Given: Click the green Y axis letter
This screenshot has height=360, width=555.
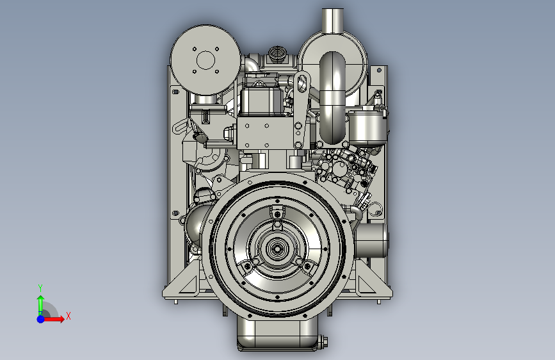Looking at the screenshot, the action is (x=40, y=288).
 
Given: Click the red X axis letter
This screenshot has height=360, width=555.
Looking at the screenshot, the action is (x=68, y=316).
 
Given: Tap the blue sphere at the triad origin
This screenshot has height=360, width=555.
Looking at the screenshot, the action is (x=41, y=319).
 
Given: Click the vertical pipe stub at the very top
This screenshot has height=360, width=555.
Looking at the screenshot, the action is (x=333, y=20).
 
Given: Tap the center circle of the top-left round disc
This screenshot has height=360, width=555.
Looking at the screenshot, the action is (x=205, y=60).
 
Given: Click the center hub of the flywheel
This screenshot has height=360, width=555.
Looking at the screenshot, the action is (x=277, y=248).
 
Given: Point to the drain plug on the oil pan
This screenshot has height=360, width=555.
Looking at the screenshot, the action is (x=323, y=342).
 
